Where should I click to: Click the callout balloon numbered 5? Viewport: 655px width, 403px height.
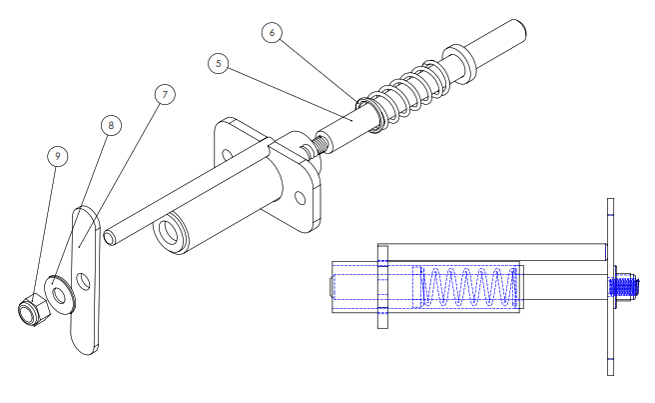218,64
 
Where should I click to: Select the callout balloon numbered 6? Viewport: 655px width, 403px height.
272,33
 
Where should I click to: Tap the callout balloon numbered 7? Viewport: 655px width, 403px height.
165,95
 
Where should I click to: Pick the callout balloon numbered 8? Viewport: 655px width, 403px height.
111,125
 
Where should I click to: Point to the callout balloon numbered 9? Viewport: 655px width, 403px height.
58,156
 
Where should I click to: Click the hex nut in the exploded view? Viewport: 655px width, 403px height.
33,310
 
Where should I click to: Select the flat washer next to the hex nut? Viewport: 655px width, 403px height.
60,296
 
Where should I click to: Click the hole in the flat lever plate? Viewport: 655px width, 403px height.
83,282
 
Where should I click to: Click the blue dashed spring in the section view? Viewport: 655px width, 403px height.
469,287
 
